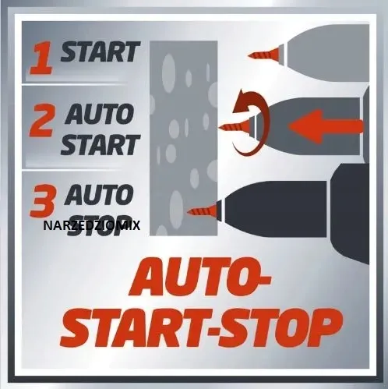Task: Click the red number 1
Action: point(41,59)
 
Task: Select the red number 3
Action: point(43,201)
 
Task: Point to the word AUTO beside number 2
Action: point(99,114)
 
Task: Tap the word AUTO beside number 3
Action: point(99,194)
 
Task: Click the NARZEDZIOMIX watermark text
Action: point(92,225)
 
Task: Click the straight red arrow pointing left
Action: point(326,126)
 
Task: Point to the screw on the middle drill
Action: point(235,126)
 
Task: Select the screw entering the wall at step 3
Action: point(203,210)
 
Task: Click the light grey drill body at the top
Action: point(328,53)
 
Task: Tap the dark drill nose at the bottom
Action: point(276,209)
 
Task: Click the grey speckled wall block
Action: point(184,138)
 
